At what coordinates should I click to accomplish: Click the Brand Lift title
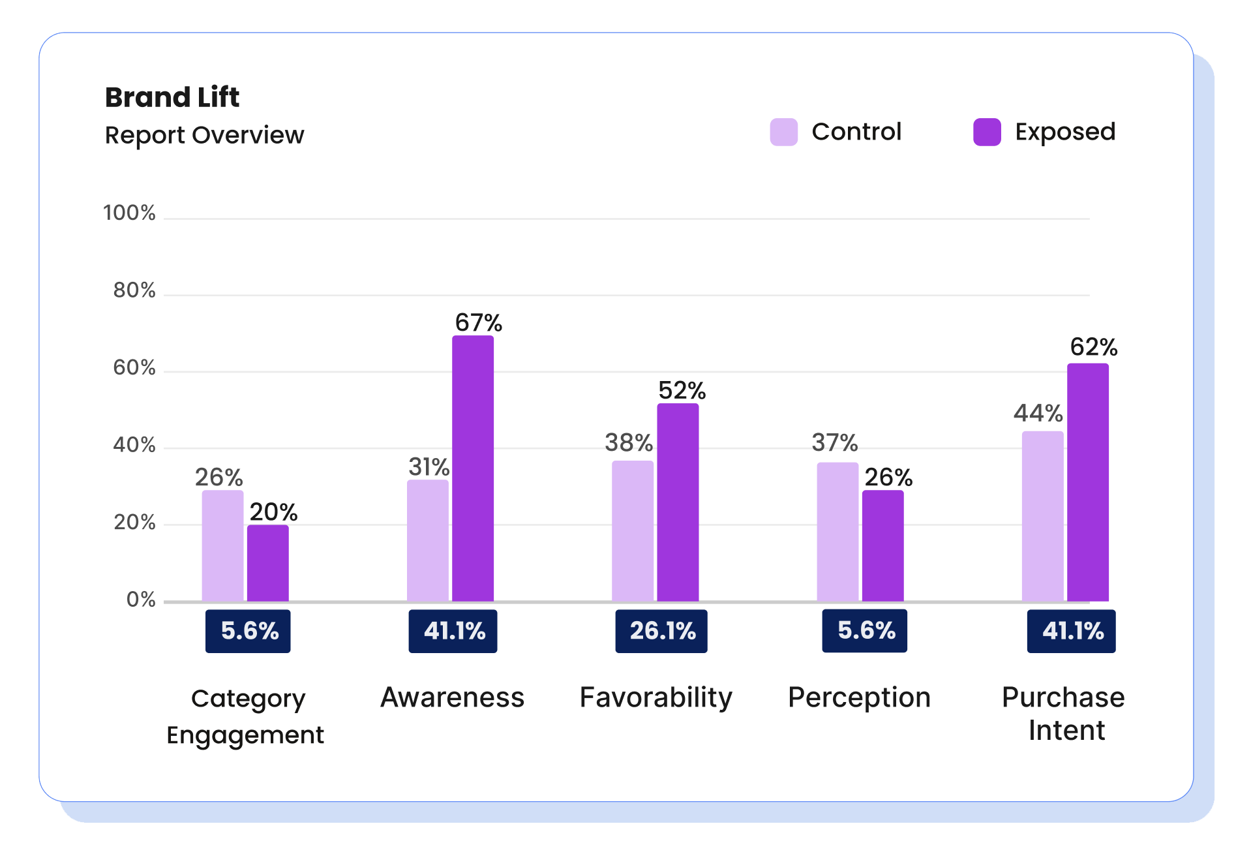click(x=172, y=97)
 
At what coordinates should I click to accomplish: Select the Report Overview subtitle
click(x=204, y=135)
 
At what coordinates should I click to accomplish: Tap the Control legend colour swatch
click(x=783, y=132)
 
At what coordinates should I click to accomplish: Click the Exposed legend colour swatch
click(x=986, y=132)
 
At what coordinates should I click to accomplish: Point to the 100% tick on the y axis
click(x=129, y=213)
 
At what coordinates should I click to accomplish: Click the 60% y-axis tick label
click(x=134, y=367)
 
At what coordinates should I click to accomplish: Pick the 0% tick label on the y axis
click(x=140, y=599)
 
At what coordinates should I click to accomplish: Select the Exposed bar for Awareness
click(x=472, y=468)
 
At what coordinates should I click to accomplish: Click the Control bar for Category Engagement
click(x=222, y=545)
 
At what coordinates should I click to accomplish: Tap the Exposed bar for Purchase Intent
click(x=1087, y=482)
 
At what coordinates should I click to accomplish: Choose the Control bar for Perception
click(x=837, y=532)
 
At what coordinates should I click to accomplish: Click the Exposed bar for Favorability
click(x=677, y=502)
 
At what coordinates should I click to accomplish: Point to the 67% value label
click(x=478, y=322)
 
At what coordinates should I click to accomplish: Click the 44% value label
click(x=1038, y=413)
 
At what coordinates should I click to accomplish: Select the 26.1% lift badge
click(x=661, y=631)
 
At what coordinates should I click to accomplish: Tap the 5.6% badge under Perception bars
click(x=864, y=630)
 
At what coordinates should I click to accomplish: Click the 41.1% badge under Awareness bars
click(x=453, y=631)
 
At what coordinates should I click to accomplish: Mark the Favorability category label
click(x=656, y=697)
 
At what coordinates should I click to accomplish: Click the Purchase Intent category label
click(x=1063, y=713)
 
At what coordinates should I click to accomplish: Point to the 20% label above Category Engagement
click(x=273, y=512)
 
